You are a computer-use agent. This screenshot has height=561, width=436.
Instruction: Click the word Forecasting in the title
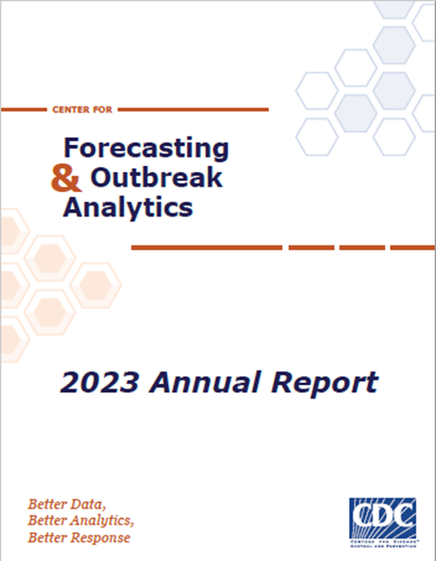pos(144,147)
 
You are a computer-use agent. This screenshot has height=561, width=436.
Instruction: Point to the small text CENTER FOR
pos(76,110)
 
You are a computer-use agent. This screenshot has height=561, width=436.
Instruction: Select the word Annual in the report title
pos(195,382)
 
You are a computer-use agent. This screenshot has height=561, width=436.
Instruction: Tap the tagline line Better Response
pos(79,539)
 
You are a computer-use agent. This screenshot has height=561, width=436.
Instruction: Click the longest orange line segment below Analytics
pos(206,247)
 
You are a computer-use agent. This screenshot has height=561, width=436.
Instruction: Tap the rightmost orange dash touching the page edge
pos(412,247)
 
